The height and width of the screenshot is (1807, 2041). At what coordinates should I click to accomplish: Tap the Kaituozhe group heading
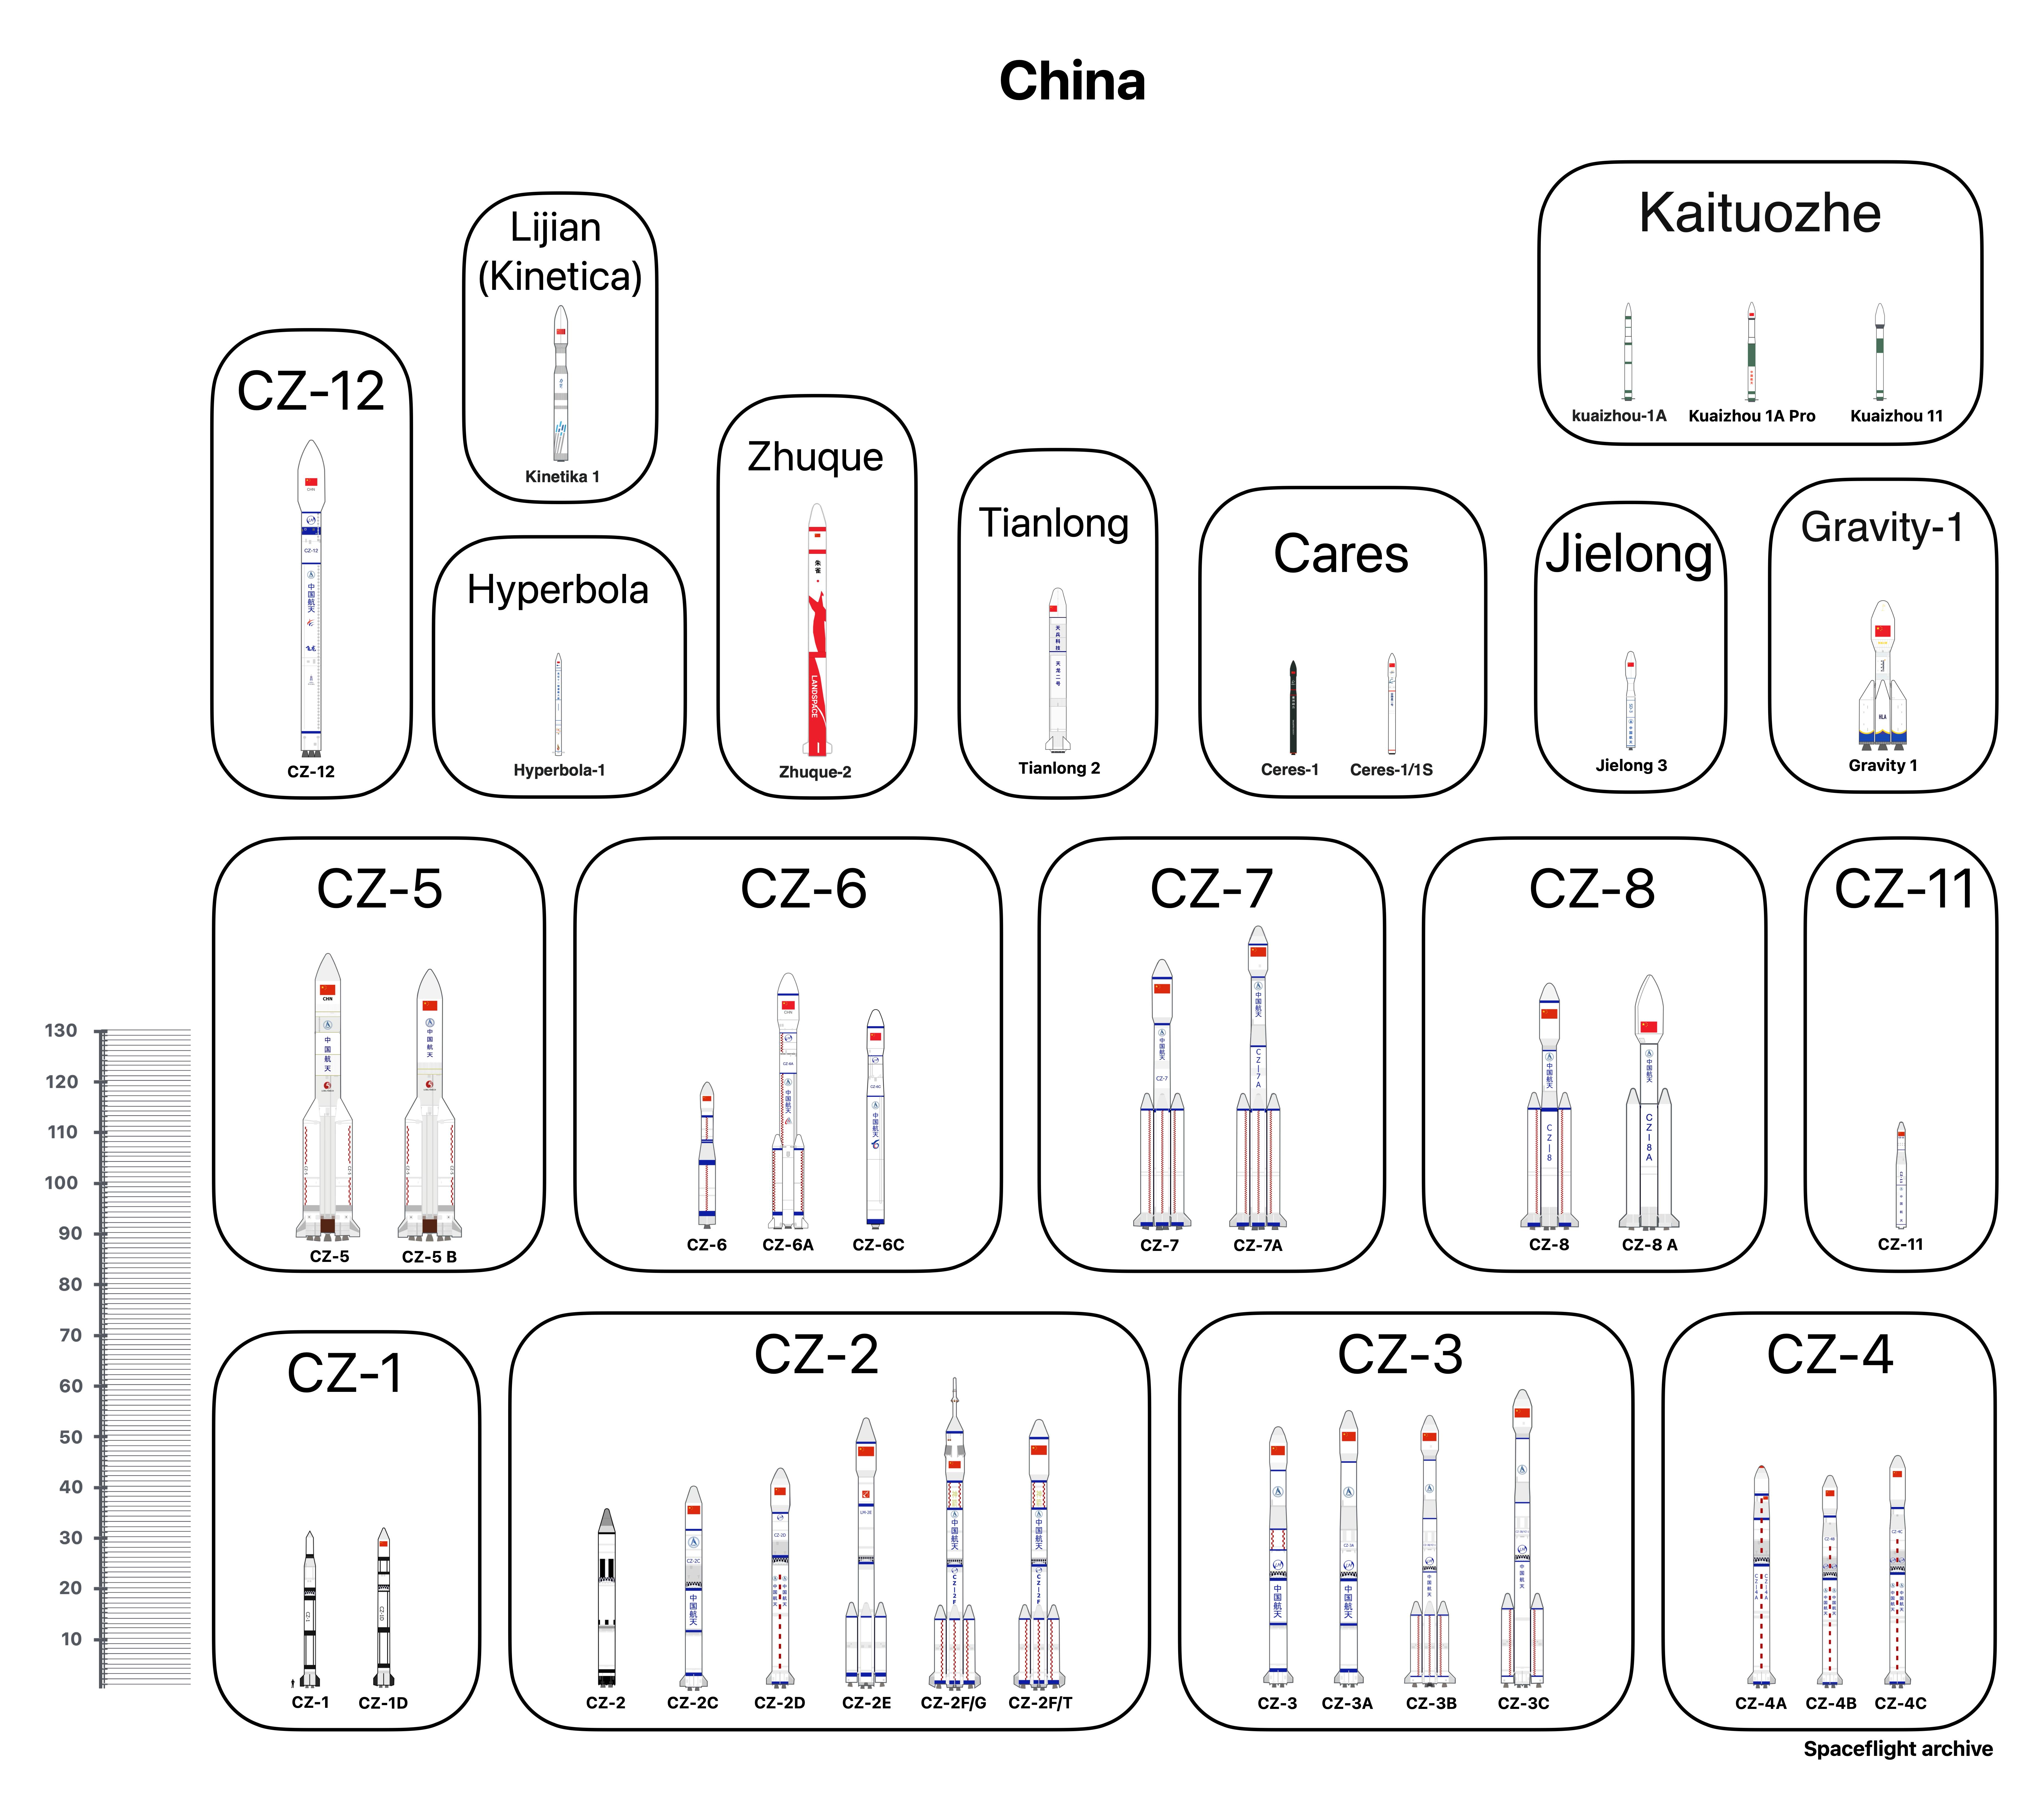[1759, 214]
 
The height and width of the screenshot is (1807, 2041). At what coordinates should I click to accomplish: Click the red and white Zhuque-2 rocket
[817, 639]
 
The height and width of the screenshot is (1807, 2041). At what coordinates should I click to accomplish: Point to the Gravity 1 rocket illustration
[1882, 679]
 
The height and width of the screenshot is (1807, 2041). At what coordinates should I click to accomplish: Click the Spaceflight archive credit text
[1897, 1749]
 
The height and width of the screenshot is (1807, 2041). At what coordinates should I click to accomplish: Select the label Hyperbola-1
[559, 770]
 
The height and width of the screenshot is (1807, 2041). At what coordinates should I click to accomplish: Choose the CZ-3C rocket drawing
[1523, 1537]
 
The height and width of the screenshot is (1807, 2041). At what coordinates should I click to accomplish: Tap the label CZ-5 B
[429, 1257]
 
